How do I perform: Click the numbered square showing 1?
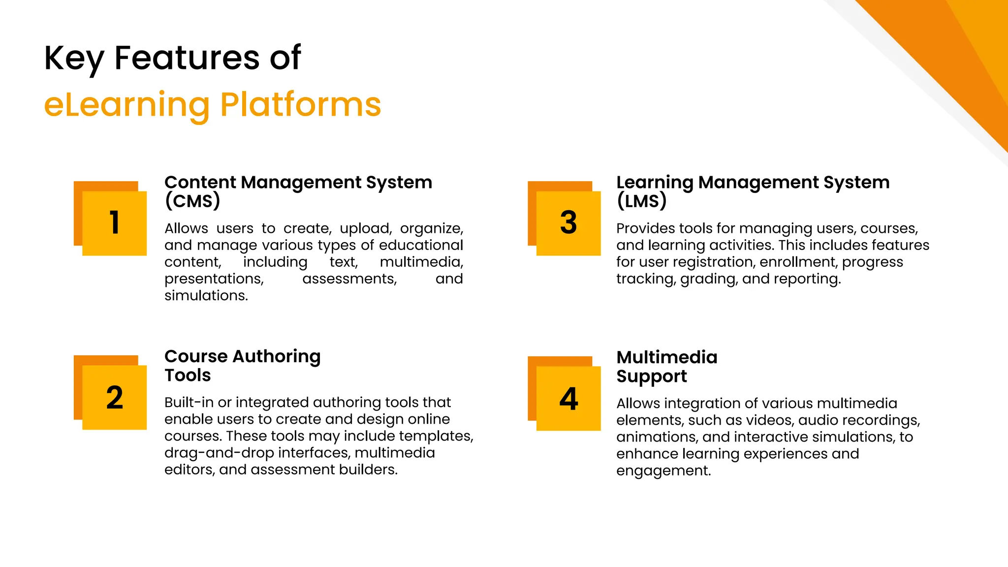114,222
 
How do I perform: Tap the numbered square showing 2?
114,397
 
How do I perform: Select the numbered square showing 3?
568,222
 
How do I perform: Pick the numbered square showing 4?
568,398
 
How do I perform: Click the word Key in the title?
74,58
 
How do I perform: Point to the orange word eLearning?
126,105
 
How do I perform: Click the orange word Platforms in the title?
300,105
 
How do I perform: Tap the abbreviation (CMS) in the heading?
192,201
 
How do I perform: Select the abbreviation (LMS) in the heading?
641,201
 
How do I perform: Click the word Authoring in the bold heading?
277,356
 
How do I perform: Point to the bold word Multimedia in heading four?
666,357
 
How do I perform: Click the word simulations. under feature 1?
206,295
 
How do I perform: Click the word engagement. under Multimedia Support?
663,471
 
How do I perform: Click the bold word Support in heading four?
651,377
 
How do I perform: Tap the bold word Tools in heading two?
188,376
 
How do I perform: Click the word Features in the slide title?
187,58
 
